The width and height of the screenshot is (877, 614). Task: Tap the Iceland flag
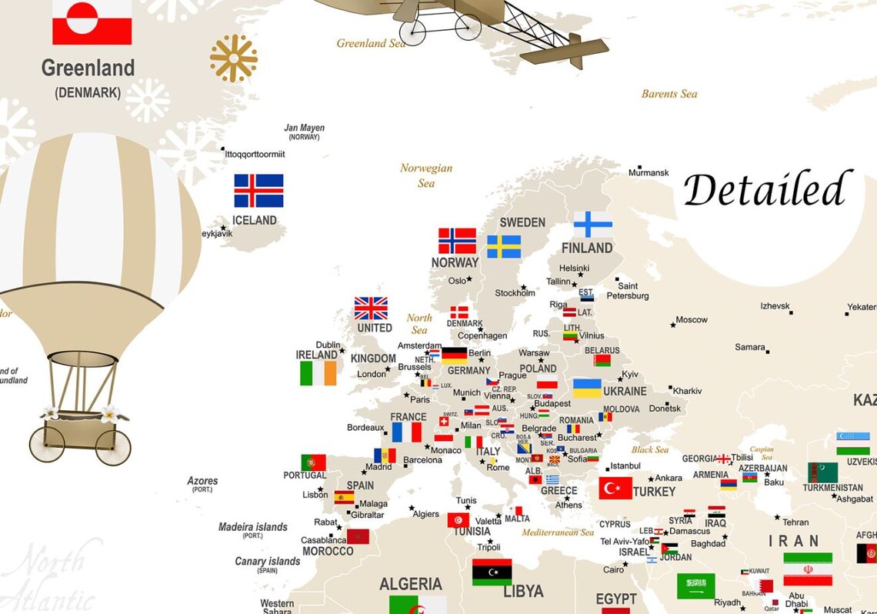coord(258,191)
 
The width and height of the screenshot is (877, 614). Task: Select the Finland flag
coord(592,225)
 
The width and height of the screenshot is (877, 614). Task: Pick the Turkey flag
coord(615,488)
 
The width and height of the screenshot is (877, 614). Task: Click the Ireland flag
coord(318,373)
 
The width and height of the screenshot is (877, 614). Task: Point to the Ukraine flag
coord(587,388)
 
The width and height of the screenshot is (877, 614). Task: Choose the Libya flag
coord(492,572)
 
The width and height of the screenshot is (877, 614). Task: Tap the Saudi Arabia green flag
coord(695,586)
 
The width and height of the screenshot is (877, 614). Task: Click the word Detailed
coord(767,189)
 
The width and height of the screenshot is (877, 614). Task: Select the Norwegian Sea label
coord(426,175)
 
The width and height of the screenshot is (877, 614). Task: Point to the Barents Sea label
coord(669,94)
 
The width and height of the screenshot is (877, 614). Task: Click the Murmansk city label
coord(649,173)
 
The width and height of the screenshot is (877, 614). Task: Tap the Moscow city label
coord(691,320)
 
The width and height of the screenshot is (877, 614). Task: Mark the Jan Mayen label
coord(304,128)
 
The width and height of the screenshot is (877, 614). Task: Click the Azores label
coord(202,481)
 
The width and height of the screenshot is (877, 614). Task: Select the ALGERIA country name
coord(411,584)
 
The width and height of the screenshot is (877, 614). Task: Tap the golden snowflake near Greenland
coord(233,58)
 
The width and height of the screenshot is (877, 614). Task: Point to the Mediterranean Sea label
coord(558,532)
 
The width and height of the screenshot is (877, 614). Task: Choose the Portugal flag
coord(313,462)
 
